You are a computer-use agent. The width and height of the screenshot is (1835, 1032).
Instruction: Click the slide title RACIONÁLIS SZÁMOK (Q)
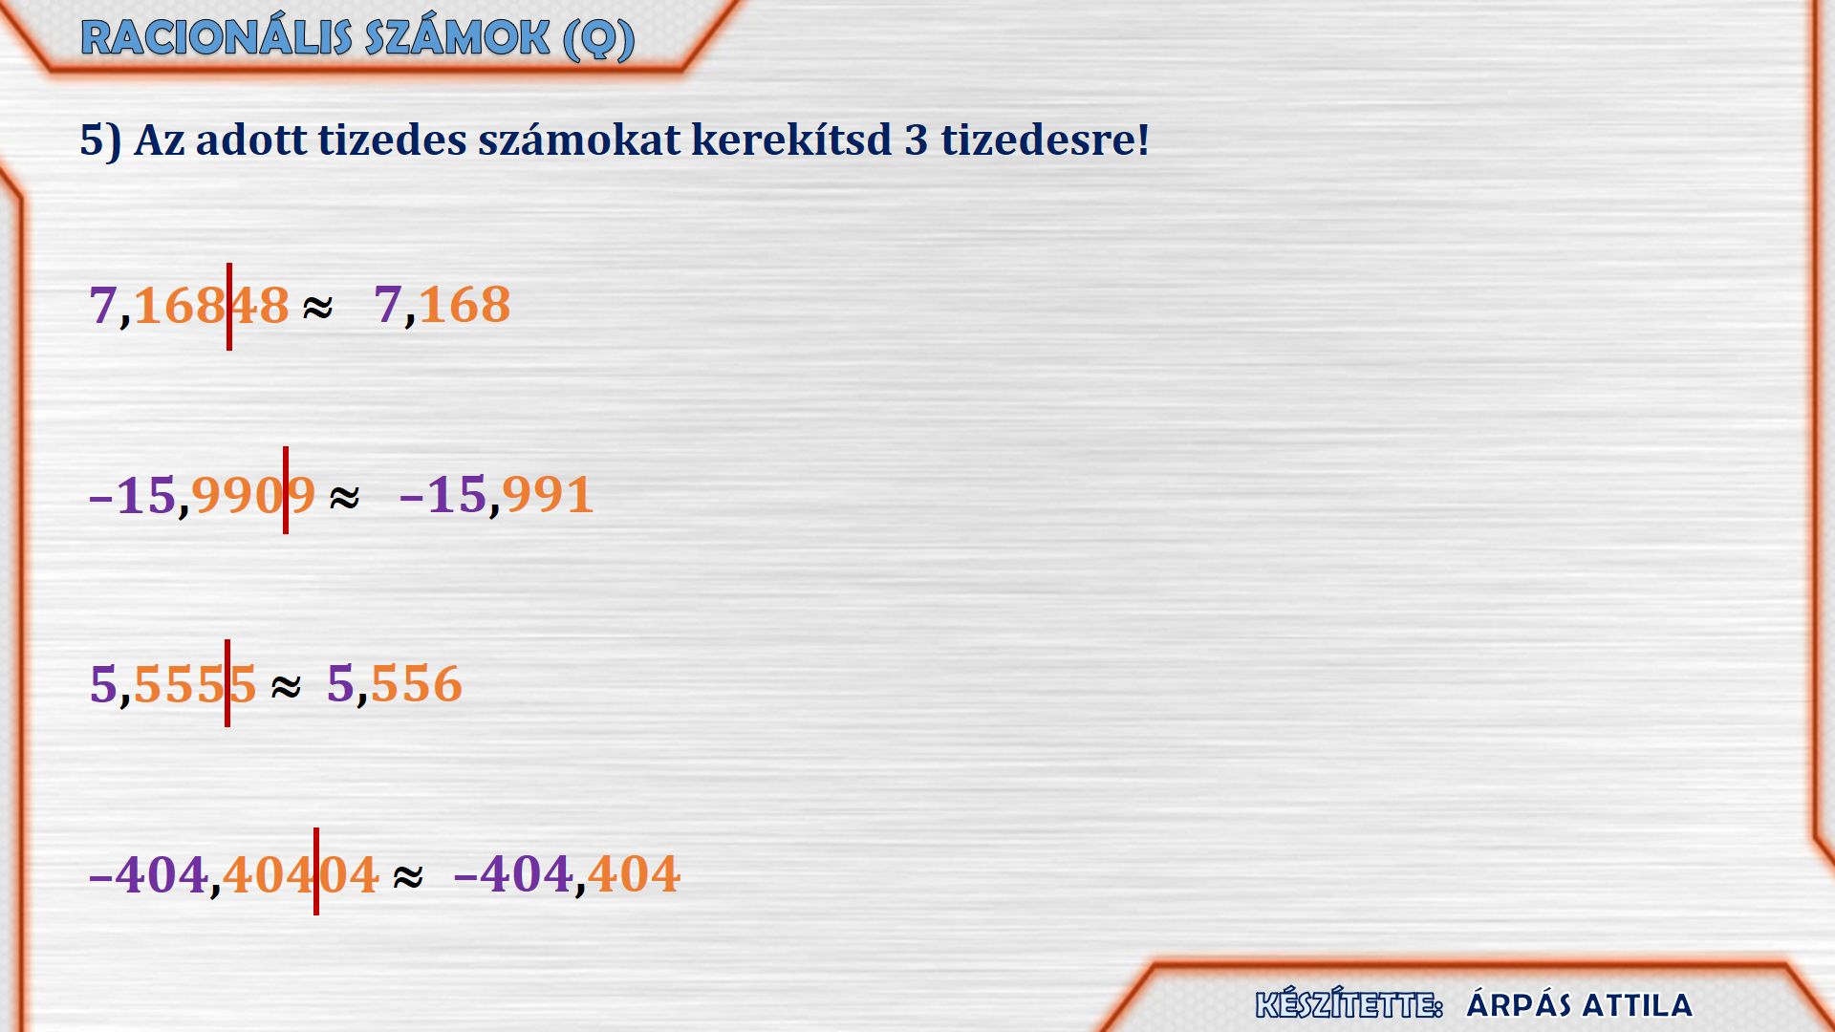(357, 39)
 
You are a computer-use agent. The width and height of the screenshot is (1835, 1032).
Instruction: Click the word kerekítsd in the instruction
(791, 140)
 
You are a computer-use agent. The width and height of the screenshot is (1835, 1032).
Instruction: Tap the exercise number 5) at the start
(100, 140)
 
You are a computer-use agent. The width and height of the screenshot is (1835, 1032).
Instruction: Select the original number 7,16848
(189, 306)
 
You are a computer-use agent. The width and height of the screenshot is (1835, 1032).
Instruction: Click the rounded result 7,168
(443, 306)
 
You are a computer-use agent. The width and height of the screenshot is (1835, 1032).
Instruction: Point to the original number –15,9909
(202, 496)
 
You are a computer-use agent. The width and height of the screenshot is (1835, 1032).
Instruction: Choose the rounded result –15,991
(496, 496)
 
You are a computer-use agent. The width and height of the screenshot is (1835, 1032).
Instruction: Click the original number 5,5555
(173, 685)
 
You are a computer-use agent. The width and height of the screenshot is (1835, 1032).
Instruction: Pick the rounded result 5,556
(395, 685)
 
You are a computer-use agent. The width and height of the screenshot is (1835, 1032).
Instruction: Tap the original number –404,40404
(234, 874)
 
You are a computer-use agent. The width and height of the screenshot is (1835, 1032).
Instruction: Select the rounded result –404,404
(567, 874)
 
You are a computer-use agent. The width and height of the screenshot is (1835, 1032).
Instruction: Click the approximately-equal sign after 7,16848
(317, 308)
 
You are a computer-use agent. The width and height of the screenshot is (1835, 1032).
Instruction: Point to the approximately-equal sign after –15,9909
(344, 497)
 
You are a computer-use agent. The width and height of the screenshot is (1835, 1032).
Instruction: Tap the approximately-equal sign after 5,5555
(286, 686)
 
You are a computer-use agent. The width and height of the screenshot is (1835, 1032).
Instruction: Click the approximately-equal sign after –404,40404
(408, 876)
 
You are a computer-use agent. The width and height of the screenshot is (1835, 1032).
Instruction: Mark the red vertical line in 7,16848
(229, 307)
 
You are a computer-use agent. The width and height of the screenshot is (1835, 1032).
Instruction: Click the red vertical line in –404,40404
(316, 871)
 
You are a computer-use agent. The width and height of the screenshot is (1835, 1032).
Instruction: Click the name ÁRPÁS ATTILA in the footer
(1579, 1005)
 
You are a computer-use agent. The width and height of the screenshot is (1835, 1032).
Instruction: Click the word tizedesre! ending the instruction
(1045, 140)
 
